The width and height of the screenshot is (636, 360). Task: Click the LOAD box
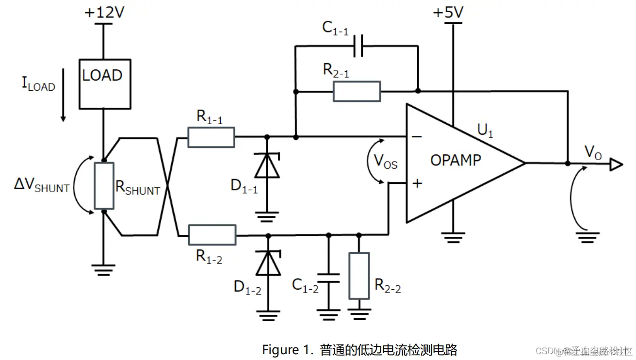104,83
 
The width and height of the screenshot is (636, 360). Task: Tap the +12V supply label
104,13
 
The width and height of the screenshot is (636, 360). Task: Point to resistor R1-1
211,137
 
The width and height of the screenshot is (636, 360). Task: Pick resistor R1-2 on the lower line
212,235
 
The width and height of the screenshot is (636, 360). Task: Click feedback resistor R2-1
357,91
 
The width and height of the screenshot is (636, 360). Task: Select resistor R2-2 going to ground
359,276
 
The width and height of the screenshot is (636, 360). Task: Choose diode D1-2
268,263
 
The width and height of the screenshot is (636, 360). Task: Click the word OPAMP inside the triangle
456,160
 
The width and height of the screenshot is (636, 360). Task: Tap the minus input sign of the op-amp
416,137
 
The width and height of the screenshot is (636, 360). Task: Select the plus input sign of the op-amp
416,183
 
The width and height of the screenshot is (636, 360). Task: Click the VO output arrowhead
616,165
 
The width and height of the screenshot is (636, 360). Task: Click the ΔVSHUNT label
42,186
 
